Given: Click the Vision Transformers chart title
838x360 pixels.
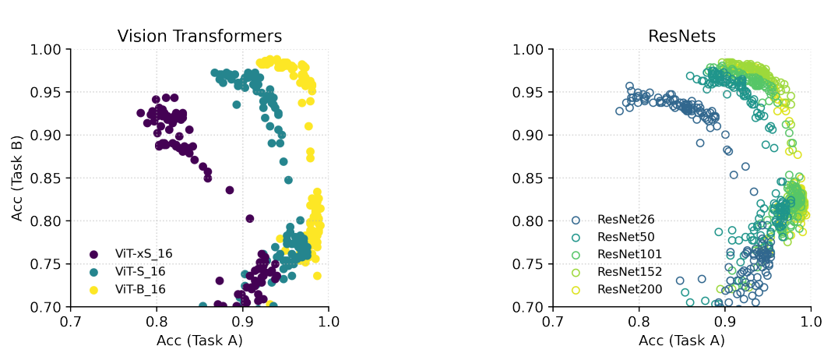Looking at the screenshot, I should click(199, 36).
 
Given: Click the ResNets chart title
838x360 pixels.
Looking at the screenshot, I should click(681, 36).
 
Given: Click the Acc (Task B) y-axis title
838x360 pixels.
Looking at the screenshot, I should click(17, 178).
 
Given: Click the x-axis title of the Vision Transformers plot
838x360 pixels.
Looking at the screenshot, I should click(199, 341).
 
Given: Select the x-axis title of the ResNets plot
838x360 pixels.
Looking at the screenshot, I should click(681, 341).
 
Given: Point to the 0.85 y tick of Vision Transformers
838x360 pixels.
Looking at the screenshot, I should click(48, 178).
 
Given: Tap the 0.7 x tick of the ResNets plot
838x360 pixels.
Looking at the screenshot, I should click(553, 320).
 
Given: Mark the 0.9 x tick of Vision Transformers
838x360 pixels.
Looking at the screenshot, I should click(242, 320).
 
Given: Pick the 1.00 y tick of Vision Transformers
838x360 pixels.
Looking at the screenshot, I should click(48, 49).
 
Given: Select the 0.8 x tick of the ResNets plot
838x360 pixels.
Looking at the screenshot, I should click(639, 320).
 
